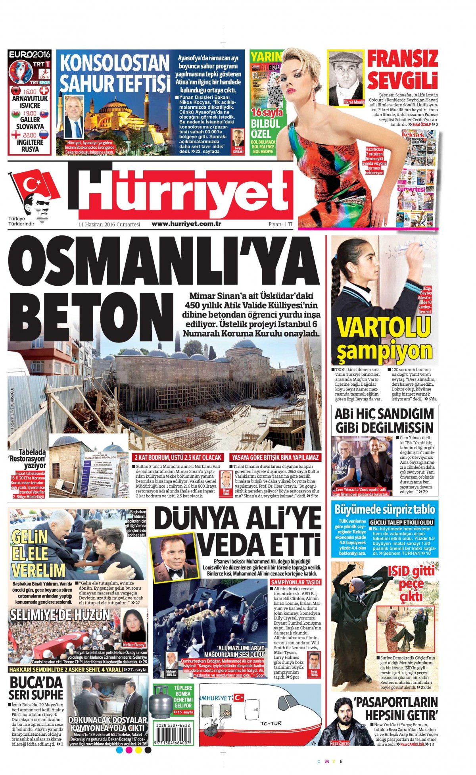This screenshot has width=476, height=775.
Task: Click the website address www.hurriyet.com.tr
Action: (186, 224)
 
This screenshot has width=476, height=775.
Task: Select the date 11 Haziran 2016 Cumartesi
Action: (109, 224)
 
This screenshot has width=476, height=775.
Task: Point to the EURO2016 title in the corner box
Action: (30, 54)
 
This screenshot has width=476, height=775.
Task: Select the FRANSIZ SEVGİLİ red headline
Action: (402, 70)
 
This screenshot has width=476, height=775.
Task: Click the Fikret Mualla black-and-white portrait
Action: (346, 77)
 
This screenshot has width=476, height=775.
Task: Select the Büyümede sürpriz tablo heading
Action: (385, 510)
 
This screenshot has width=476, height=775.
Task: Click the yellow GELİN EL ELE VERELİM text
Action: (38, 553)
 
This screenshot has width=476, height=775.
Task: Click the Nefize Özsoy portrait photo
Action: (134, 626)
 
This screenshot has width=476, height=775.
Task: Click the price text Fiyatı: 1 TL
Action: (280, 224)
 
